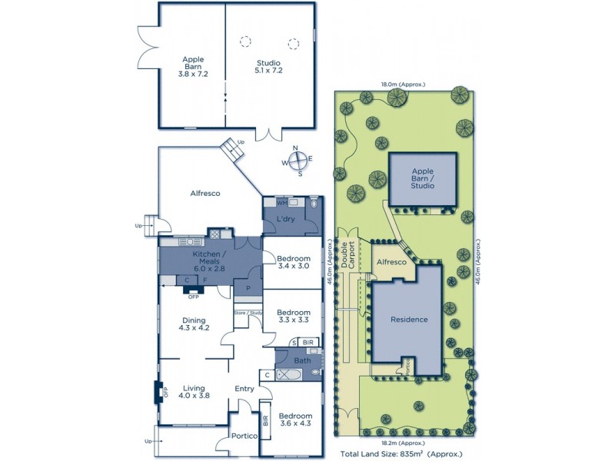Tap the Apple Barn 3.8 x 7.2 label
tap(192, 66)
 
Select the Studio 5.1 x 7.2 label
tap(268, 66)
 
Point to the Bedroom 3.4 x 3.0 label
tap(293, 262)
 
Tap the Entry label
tap(244, 389)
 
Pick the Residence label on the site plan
tap(408, 319)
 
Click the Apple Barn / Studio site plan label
tap(422, 178)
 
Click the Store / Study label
tap(248, 313)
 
